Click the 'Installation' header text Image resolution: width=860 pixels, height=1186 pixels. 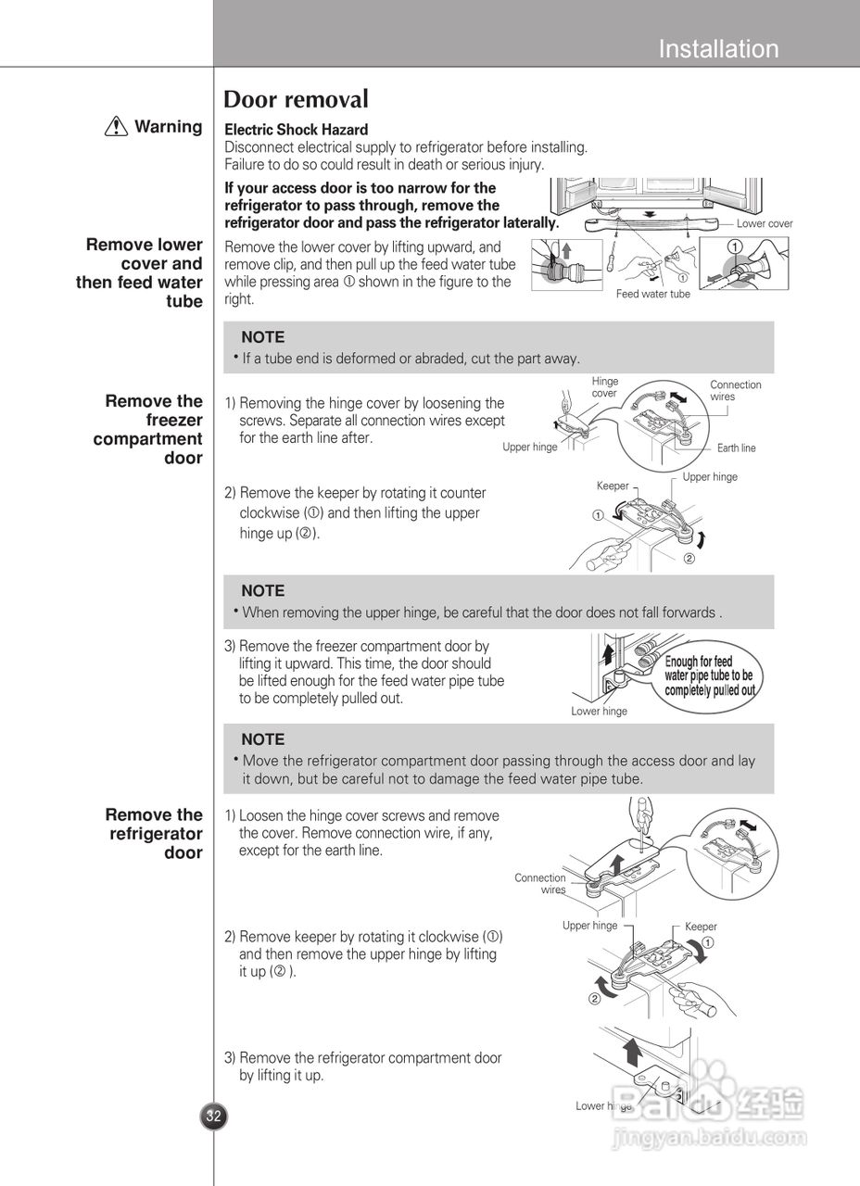[718, 49]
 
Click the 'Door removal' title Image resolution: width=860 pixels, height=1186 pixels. [297, 99]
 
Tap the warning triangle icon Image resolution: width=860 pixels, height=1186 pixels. [116, 128]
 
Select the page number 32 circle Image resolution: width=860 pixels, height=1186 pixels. [214, 1116]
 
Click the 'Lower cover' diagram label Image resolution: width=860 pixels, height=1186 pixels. [765, 223]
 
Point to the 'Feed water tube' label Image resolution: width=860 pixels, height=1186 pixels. [653, 294]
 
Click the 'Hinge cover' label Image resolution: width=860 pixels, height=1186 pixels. [604, 387]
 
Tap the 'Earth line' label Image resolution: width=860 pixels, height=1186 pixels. [736, 448]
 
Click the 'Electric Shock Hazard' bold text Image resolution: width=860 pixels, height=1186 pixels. [297, 130]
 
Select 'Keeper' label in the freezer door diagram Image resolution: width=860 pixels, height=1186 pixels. [613, 486]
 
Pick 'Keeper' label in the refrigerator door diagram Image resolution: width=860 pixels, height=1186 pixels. [701, 927]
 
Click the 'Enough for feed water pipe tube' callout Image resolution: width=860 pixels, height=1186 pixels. [709, 675]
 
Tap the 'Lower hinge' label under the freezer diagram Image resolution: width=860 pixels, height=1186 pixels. [599, 712]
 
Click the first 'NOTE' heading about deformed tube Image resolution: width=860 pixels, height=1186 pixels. [262, 337]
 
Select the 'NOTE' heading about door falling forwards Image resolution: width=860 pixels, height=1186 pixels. [262, 590]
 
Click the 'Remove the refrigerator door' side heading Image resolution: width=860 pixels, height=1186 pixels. [155, 834]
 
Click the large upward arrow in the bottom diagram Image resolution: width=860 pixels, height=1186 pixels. [633, 1053]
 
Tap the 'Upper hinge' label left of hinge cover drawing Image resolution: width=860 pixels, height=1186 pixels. [530, 448]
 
